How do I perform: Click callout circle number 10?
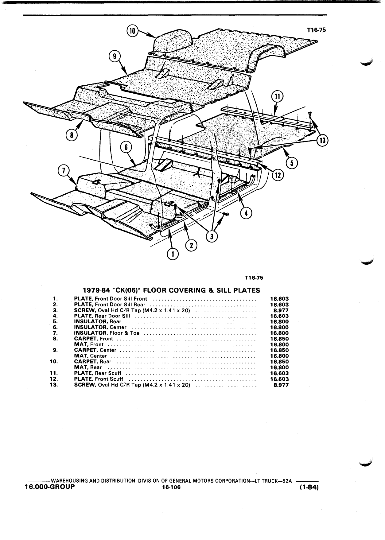click(x=132, y=31)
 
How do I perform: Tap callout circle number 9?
click(x=115, y=57)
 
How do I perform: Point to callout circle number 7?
click(x=64, y=171)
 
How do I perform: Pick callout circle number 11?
click(x=277, y=96)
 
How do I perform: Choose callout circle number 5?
click(x=292, y=163)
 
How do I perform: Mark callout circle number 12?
click(x=278, y=175)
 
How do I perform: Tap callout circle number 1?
click(x=172, y=254)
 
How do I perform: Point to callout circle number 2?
click(x=191, y=245)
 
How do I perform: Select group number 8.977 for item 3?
click(x=281, y=310)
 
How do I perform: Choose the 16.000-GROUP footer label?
click(x=50, y=487)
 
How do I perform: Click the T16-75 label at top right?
click(x=316, y=30)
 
